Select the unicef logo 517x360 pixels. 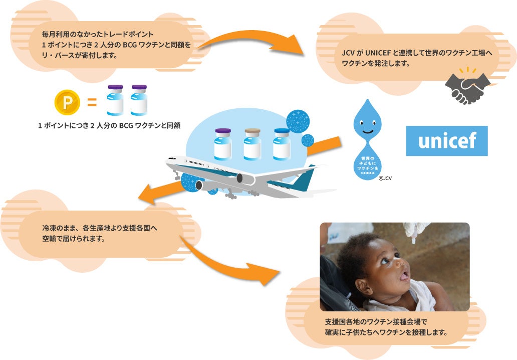(446, 141)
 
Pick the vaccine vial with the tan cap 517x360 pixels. (252, 143)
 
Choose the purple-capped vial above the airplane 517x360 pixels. (223, 143)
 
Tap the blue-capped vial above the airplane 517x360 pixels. (282, 143)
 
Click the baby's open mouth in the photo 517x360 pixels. (404, 275)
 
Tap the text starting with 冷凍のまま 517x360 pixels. (100, 228)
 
